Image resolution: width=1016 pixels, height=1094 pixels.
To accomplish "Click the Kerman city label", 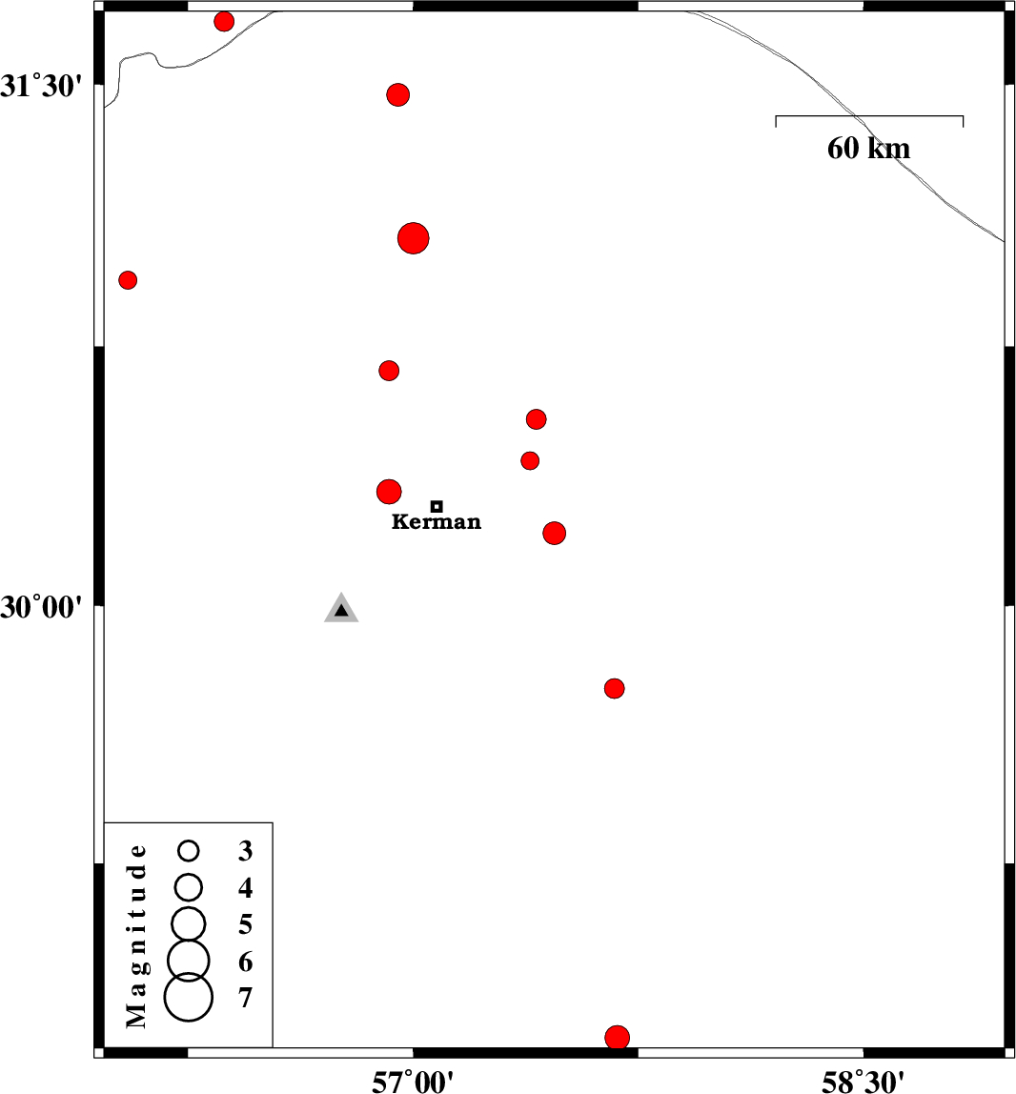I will [437, 522].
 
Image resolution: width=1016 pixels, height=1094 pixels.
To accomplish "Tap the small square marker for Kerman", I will [437, 506].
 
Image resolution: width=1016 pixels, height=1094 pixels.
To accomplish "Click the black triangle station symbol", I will [341, 610].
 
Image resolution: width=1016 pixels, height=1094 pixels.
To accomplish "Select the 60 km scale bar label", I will [868, 149].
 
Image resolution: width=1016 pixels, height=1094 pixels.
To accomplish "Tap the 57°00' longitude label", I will [413, 1080].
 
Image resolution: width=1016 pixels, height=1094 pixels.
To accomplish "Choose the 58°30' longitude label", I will [864, 1080].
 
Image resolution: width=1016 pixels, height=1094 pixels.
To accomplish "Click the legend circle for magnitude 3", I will [189, 849].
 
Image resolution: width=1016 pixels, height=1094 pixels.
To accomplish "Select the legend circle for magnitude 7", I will [189, 997].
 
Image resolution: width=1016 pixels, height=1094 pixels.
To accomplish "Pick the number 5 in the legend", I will [246, 924].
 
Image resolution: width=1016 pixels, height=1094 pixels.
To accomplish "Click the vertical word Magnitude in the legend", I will [138, 936].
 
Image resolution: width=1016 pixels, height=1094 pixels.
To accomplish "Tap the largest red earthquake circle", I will [413, 237].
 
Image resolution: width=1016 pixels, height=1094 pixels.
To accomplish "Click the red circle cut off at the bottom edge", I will [618, 1037].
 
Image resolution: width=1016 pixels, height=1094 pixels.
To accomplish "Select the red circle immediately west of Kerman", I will [389, 492].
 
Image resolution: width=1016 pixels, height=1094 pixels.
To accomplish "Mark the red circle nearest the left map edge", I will [128, 280].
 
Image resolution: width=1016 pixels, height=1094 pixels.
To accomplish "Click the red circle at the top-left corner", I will [224, 22].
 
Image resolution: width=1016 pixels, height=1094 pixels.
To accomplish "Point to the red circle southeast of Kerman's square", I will [555, 533].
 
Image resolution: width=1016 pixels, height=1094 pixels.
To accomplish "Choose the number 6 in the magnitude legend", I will [246, 962].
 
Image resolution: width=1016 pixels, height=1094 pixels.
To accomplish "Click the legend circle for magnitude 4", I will [189, 886].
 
